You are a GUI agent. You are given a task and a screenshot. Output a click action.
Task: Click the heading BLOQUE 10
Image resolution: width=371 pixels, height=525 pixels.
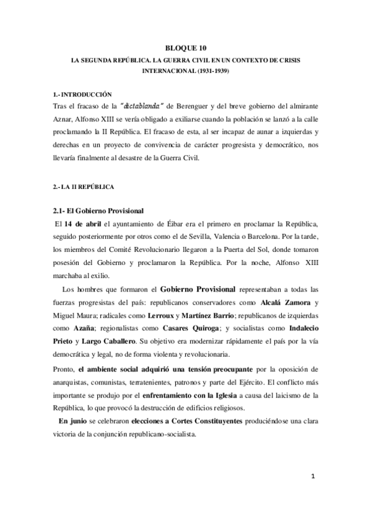tap(186, 48)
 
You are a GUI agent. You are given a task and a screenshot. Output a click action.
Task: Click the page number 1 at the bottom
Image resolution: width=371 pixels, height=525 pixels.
tap(313, 475)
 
